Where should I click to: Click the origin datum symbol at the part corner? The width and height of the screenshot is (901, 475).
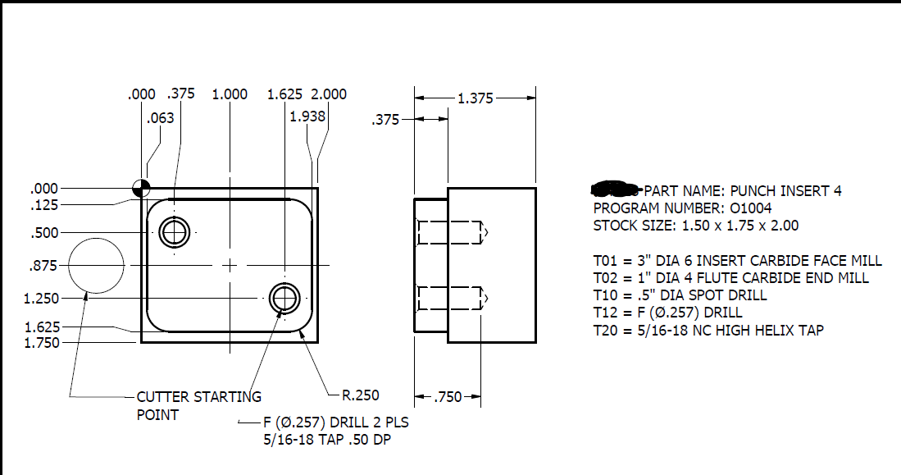tap(142, 188)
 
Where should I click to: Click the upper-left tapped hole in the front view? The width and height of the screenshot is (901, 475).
tap(173, 232)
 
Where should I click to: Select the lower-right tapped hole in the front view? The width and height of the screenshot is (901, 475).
tap(284, 299)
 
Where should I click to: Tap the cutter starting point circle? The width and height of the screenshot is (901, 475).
tap(96, 265)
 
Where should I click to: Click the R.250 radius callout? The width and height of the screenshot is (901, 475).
tap(360, 395)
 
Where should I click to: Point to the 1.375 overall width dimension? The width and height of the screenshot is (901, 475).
tap(476, 98)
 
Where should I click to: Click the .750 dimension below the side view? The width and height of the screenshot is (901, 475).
tap(448, 398)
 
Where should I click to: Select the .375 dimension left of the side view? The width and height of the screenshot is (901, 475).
tap(385, 120)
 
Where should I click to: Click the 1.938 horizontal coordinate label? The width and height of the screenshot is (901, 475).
tap(307, 116)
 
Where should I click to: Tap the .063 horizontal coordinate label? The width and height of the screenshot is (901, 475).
tap(160, 118)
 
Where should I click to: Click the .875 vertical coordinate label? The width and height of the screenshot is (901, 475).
tap(43, 266)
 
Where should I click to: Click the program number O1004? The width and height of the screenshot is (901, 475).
tap(682, 208)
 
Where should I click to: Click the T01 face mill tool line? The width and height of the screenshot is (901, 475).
tap(737, 260)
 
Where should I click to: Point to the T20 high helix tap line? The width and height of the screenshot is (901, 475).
tap(708, 330)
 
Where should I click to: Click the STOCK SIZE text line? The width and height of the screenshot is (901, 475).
tap(696, 226)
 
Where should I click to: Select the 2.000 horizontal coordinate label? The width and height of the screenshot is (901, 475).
tap(329, 94)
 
